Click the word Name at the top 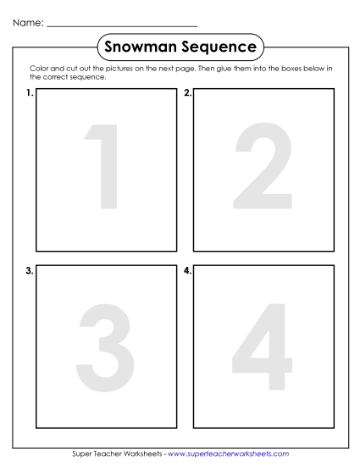(26, 24)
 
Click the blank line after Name (122, 26)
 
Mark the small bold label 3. (29, 271)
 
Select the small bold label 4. (187, 271)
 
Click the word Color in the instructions (38, 69)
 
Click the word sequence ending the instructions (91, 76)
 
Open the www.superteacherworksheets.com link (229, 454)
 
